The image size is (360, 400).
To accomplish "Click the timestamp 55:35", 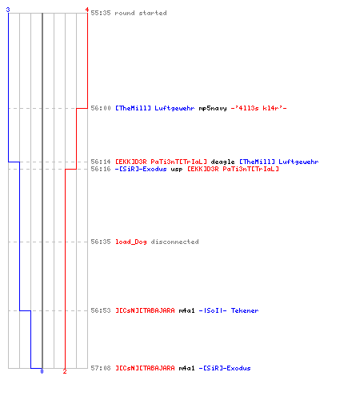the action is click(x=101, y=13).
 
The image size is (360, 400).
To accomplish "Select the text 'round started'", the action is click(x=141, y=13).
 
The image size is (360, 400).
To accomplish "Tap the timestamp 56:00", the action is click(x=101, y=108).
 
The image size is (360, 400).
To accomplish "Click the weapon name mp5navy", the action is click(x=213, y=109).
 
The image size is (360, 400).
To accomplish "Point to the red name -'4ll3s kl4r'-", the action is click(x=258, y=108).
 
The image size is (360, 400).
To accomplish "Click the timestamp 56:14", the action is click(x=101, y=162).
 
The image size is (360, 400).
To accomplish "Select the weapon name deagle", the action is click(x=222, y=162).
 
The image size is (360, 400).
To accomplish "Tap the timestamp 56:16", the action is click(x=101, y=169).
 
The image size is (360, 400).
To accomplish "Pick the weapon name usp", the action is click(x=177, y=170).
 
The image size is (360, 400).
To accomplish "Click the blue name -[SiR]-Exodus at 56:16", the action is click(x=141, y=169).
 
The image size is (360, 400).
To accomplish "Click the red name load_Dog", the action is click(x=131, y=242).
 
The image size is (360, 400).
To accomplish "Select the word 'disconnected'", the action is click(x=174, y=242).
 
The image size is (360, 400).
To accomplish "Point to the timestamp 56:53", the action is click(x=101, y=310).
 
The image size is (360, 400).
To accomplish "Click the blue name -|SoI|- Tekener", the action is click(x=229, y=310).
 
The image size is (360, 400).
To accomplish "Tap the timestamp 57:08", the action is click(x=101, y=368).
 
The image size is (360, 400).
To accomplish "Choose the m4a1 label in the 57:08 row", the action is click(x=186, y=368).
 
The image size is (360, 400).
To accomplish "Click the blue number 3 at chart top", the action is click(x=8, y=10).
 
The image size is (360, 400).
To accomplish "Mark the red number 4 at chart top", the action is click(x=87, y=10).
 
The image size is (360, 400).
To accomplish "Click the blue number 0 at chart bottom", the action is click(x=42, y=371).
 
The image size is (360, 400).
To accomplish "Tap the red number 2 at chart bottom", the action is click(x=65, y=371).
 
